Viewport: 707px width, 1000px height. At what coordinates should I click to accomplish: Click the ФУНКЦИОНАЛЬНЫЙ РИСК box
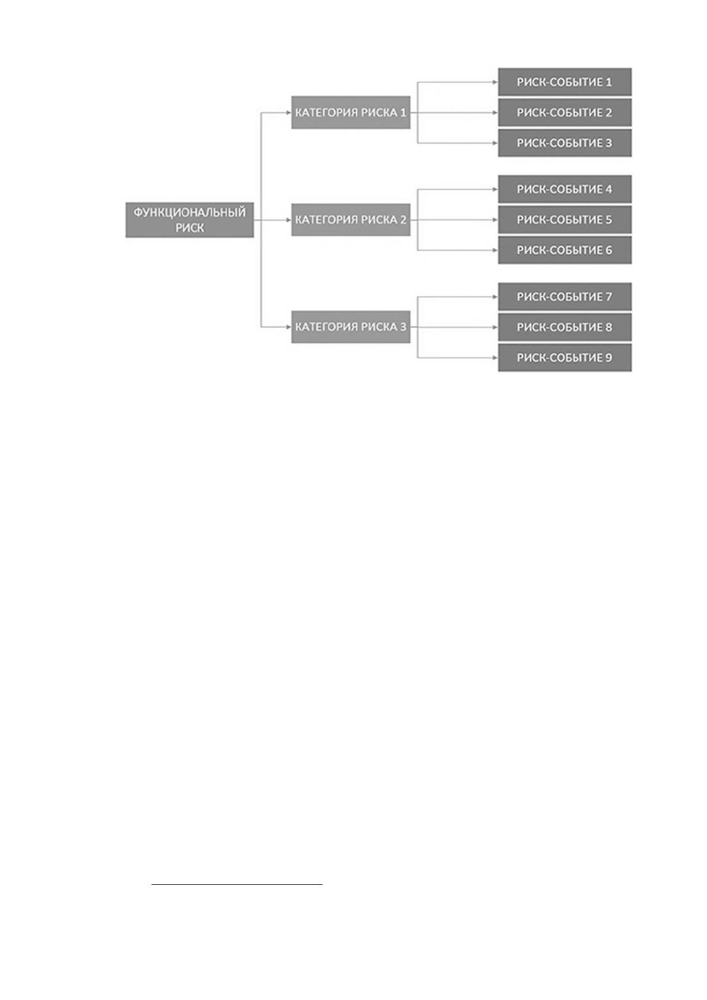tap(190, 220)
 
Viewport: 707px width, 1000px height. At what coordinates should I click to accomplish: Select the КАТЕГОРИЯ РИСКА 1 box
tap(351, 112)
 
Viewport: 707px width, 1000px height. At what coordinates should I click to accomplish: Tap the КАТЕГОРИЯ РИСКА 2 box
tap(351, 220)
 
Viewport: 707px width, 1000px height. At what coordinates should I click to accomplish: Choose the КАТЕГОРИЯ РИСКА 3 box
tap(351, 327)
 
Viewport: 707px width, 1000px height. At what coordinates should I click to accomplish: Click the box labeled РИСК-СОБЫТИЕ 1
tap(564, 82)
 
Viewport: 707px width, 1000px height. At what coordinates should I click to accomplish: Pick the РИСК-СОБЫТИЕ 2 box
tap(564, 112)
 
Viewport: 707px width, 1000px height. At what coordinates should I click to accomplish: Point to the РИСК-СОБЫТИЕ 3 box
tap(564, 143)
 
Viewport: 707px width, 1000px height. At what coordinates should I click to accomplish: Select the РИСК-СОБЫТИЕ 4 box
tap(564, 189)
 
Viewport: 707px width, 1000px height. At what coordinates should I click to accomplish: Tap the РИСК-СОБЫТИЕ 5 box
tap(564, 220)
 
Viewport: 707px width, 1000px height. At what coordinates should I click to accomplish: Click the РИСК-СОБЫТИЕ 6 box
tap(564, 250)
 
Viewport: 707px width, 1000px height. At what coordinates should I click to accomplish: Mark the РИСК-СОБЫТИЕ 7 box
tap(564, 296)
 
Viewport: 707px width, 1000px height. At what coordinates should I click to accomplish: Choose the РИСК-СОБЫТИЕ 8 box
tap(564, 327)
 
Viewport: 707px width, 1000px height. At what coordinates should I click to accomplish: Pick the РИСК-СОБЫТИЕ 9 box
tap(564, 357)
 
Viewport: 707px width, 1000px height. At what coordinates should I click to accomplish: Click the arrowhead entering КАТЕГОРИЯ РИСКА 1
tap(289, 112)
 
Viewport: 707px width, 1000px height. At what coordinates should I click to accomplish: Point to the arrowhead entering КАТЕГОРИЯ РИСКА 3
tap(289, 327)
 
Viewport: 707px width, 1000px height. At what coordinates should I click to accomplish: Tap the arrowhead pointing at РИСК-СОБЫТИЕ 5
tap(495, 220)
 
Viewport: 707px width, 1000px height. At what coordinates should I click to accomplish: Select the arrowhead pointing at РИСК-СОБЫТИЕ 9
tap(495, 357)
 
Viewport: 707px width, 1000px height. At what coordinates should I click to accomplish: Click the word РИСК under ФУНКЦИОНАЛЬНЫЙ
tap(190, 227)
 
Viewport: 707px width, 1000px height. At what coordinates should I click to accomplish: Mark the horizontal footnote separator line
tap(236, 884)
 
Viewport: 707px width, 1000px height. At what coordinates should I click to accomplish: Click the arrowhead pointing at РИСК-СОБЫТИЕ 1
tap(495, 82)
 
